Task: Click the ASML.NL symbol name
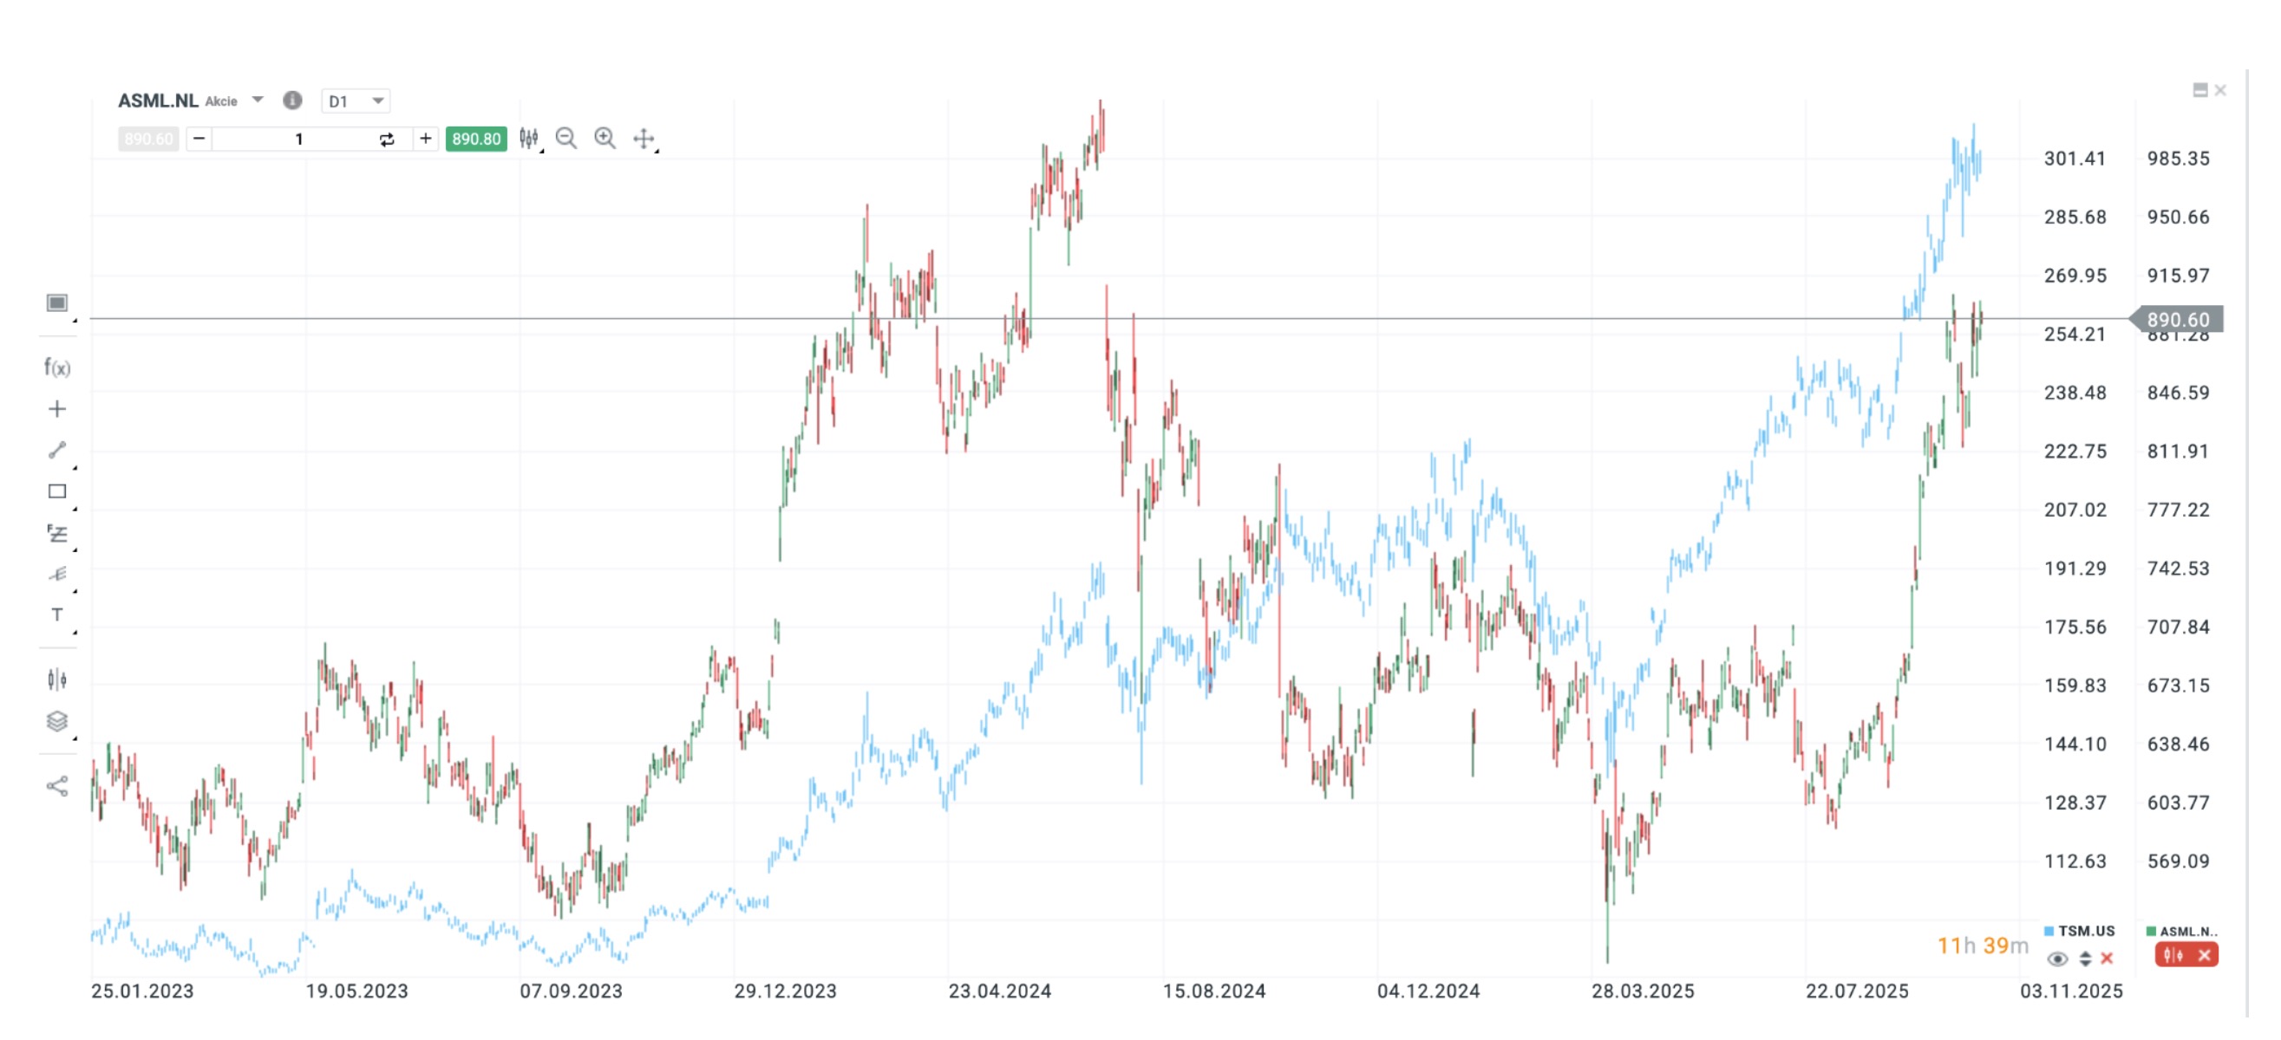coord(158,101)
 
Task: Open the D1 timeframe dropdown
coord(355,101)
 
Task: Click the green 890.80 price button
coord(475,139)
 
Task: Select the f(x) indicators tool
coord(56,367)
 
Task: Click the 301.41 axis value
coord(2074,159)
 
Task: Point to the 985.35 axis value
coord(2178,159)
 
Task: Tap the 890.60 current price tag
coord(2178,320)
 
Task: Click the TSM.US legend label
coord(2085,931)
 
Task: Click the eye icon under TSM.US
coord(2057,959)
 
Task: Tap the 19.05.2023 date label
coord(356,991)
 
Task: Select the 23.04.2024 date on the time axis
coord(1000,991)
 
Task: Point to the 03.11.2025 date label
coord(2071,991)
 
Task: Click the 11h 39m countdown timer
coord(1983,946)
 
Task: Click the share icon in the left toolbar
coord(56,786)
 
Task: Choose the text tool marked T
coord(56,615)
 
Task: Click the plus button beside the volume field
coord(426,139)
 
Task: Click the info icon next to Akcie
coord(292,101)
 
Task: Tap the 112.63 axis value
coord(2074,861)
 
